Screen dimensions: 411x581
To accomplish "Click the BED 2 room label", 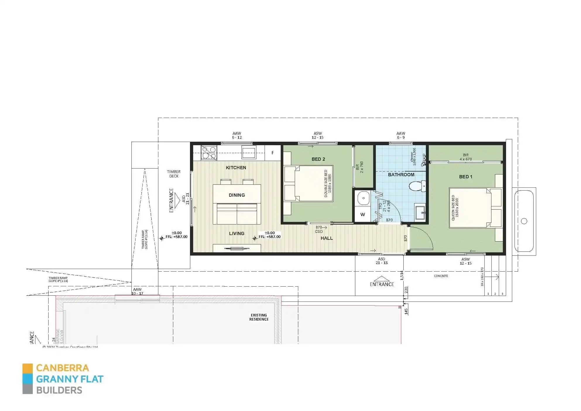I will click(318, 159).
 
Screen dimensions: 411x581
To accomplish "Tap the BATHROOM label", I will click(401, 175).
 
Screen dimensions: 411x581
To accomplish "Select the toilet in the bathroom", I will click(417, 186).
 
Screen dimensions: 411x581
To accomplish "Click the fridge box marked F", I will click(272, 153).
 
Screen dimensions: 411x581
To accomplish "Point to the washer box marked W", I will click(363, 214).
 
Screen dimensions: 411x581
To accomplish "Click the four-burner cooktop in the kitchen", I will click(209, 153).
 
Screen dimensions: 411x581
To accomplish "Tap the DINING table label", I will click(237, 195).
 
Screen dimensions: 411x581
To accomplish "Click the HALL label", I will click(327, 238).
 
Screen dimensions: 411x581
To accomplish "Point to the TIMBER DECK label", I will click(174, 174).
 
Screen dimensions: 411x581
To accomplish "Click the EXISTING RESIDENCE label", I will click(259, 317).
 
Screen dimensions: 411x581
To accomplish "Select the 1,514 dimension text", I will click(402, 275).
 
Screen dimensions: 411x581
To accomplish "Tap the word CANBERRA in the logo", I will click(62, 368).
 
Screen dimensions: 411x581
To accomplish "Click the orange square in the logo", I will click(28, 369).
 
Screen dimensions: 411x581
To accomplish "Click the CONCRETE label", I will click(441, 276).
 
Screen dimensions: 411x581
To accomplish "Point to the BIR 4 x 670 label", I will click(465, 157).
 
